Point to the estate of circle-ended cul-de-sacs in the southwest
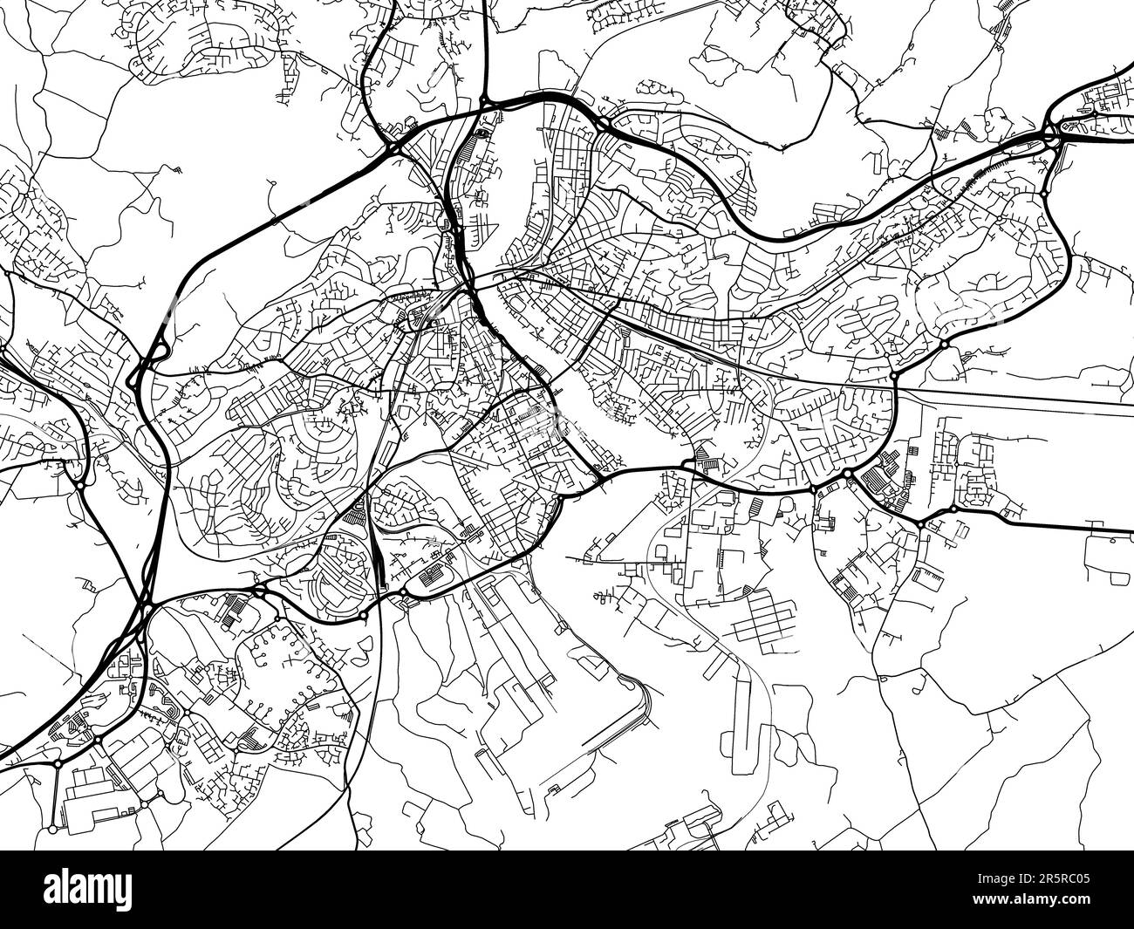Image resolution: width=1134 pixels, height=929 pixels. pos(279,676)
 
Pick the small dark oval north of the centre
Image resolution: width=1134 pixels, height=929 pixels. pos(483,133)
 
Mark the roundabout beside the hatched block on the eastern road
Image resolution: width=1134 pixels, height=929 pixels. pos(846,474)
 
